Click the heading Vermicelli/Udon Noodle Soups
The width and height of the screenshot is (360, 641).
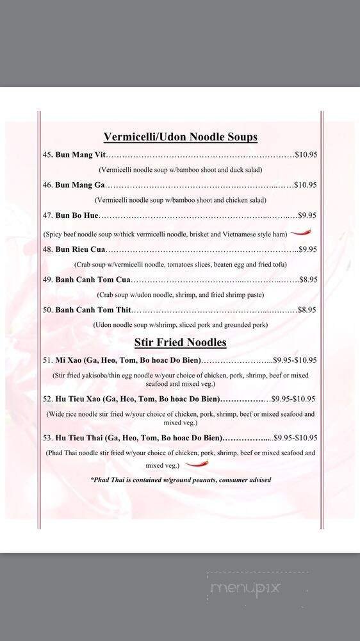(x=180, y=137)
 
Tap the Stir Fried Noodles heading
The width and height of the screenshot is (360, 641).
(x=180, y=342)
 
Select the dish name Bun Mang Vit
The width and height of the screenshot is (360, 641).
(x=80, y=155)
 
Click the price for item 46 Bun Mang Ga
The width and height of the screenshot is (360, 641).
(x=305, y=185)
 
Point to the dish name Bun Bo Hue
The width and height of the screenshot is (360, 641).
(x=77, y=216)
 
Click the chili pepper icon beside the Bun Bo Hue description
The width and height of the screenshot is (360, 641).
(x=301, y=234)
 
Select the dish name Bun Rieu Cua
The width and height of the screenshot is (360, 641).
(x=80, y=249)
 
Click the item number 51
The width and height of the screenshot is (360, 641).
(x=47, y=360)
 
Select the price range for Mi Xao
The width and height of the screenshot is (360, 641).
(x=295, y=360)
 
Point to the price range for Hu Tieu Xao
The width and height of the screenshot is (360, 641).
(x=295, y=399)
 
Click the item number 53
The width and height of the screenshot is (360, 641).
(x=47, y=438)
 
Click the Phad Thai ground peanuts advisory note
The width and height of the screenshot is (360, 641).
(x=181, y=479)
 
